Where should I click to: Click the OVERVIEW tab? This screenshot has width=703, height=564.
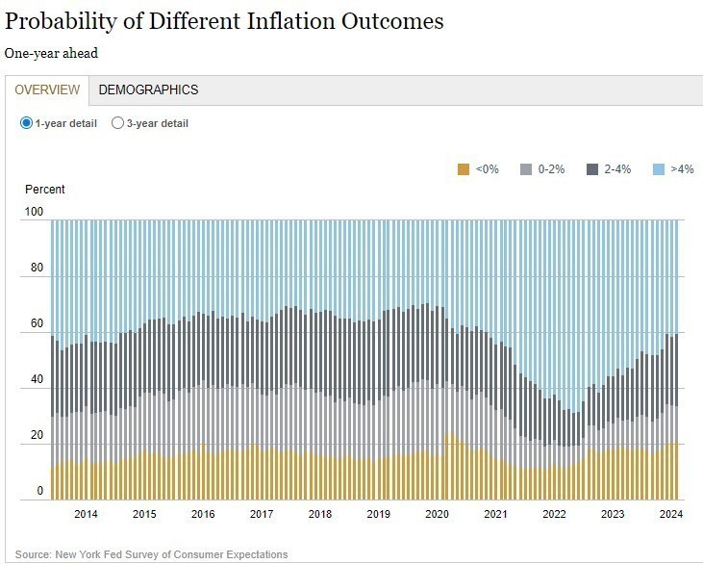[x=47, y=90]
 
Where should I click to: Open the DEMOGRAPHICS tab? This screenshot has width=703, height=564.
[x=148, y=90]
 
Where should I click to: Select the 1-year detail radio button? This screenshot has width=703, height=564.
[x=26, y=123]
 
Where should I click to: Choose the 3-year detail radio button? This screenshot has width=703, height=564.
[x=118, y=123]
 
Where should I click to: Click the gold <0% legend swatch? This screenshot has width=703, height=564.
[x=464, y=169]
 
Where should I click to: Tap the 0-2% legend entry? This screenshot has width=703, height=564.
[x=543, y=169]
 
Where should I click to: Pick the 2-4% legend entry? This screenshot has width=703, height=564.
[x=610, y=169]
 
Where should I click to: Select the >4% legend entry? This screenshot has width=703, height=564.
[x=673, y=169]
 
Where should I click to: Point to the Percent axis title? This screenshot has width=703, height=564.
[x=45, y=190]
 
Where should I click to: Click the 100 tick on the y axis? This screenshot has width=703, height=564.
[x=34, y=212]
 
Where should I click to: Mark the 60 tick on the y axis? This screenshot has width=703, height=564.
[x=37, y=324]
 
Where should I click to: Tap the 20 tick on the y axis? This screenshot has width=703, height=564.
[x=37, y=436]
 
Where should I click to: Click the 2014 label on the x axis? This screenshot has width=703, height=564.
[x=86, y=514]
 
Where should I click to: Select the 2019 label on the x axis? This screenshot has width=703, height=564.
[x=379, y=514]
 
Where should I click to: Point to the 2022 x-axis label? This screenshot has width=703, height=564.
[x=555, y=514]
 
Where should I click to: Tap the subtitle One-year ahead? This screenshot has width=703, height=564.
[x=51, y=54]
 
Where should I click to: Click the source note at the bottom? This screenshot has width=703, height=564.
[x=151, y=554]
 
